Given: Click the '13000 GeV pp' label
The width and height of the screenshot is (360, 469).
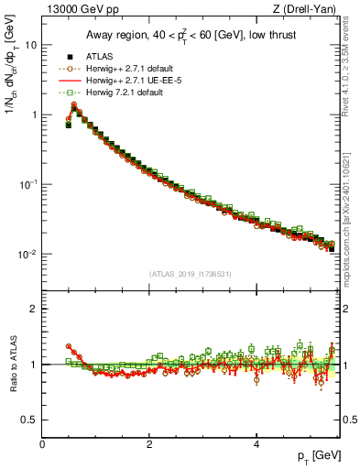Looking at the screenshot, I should [81, 10].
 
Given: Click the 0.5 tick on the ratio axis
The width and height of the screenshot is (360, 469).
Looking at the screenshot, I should [29, 420].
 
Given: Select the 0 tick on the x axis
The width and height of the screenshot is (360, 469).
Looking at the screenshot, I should [42, 443].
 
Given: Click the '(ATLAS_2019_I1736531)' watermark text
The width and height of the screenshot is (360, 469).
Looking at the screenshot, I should [190, 273].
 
